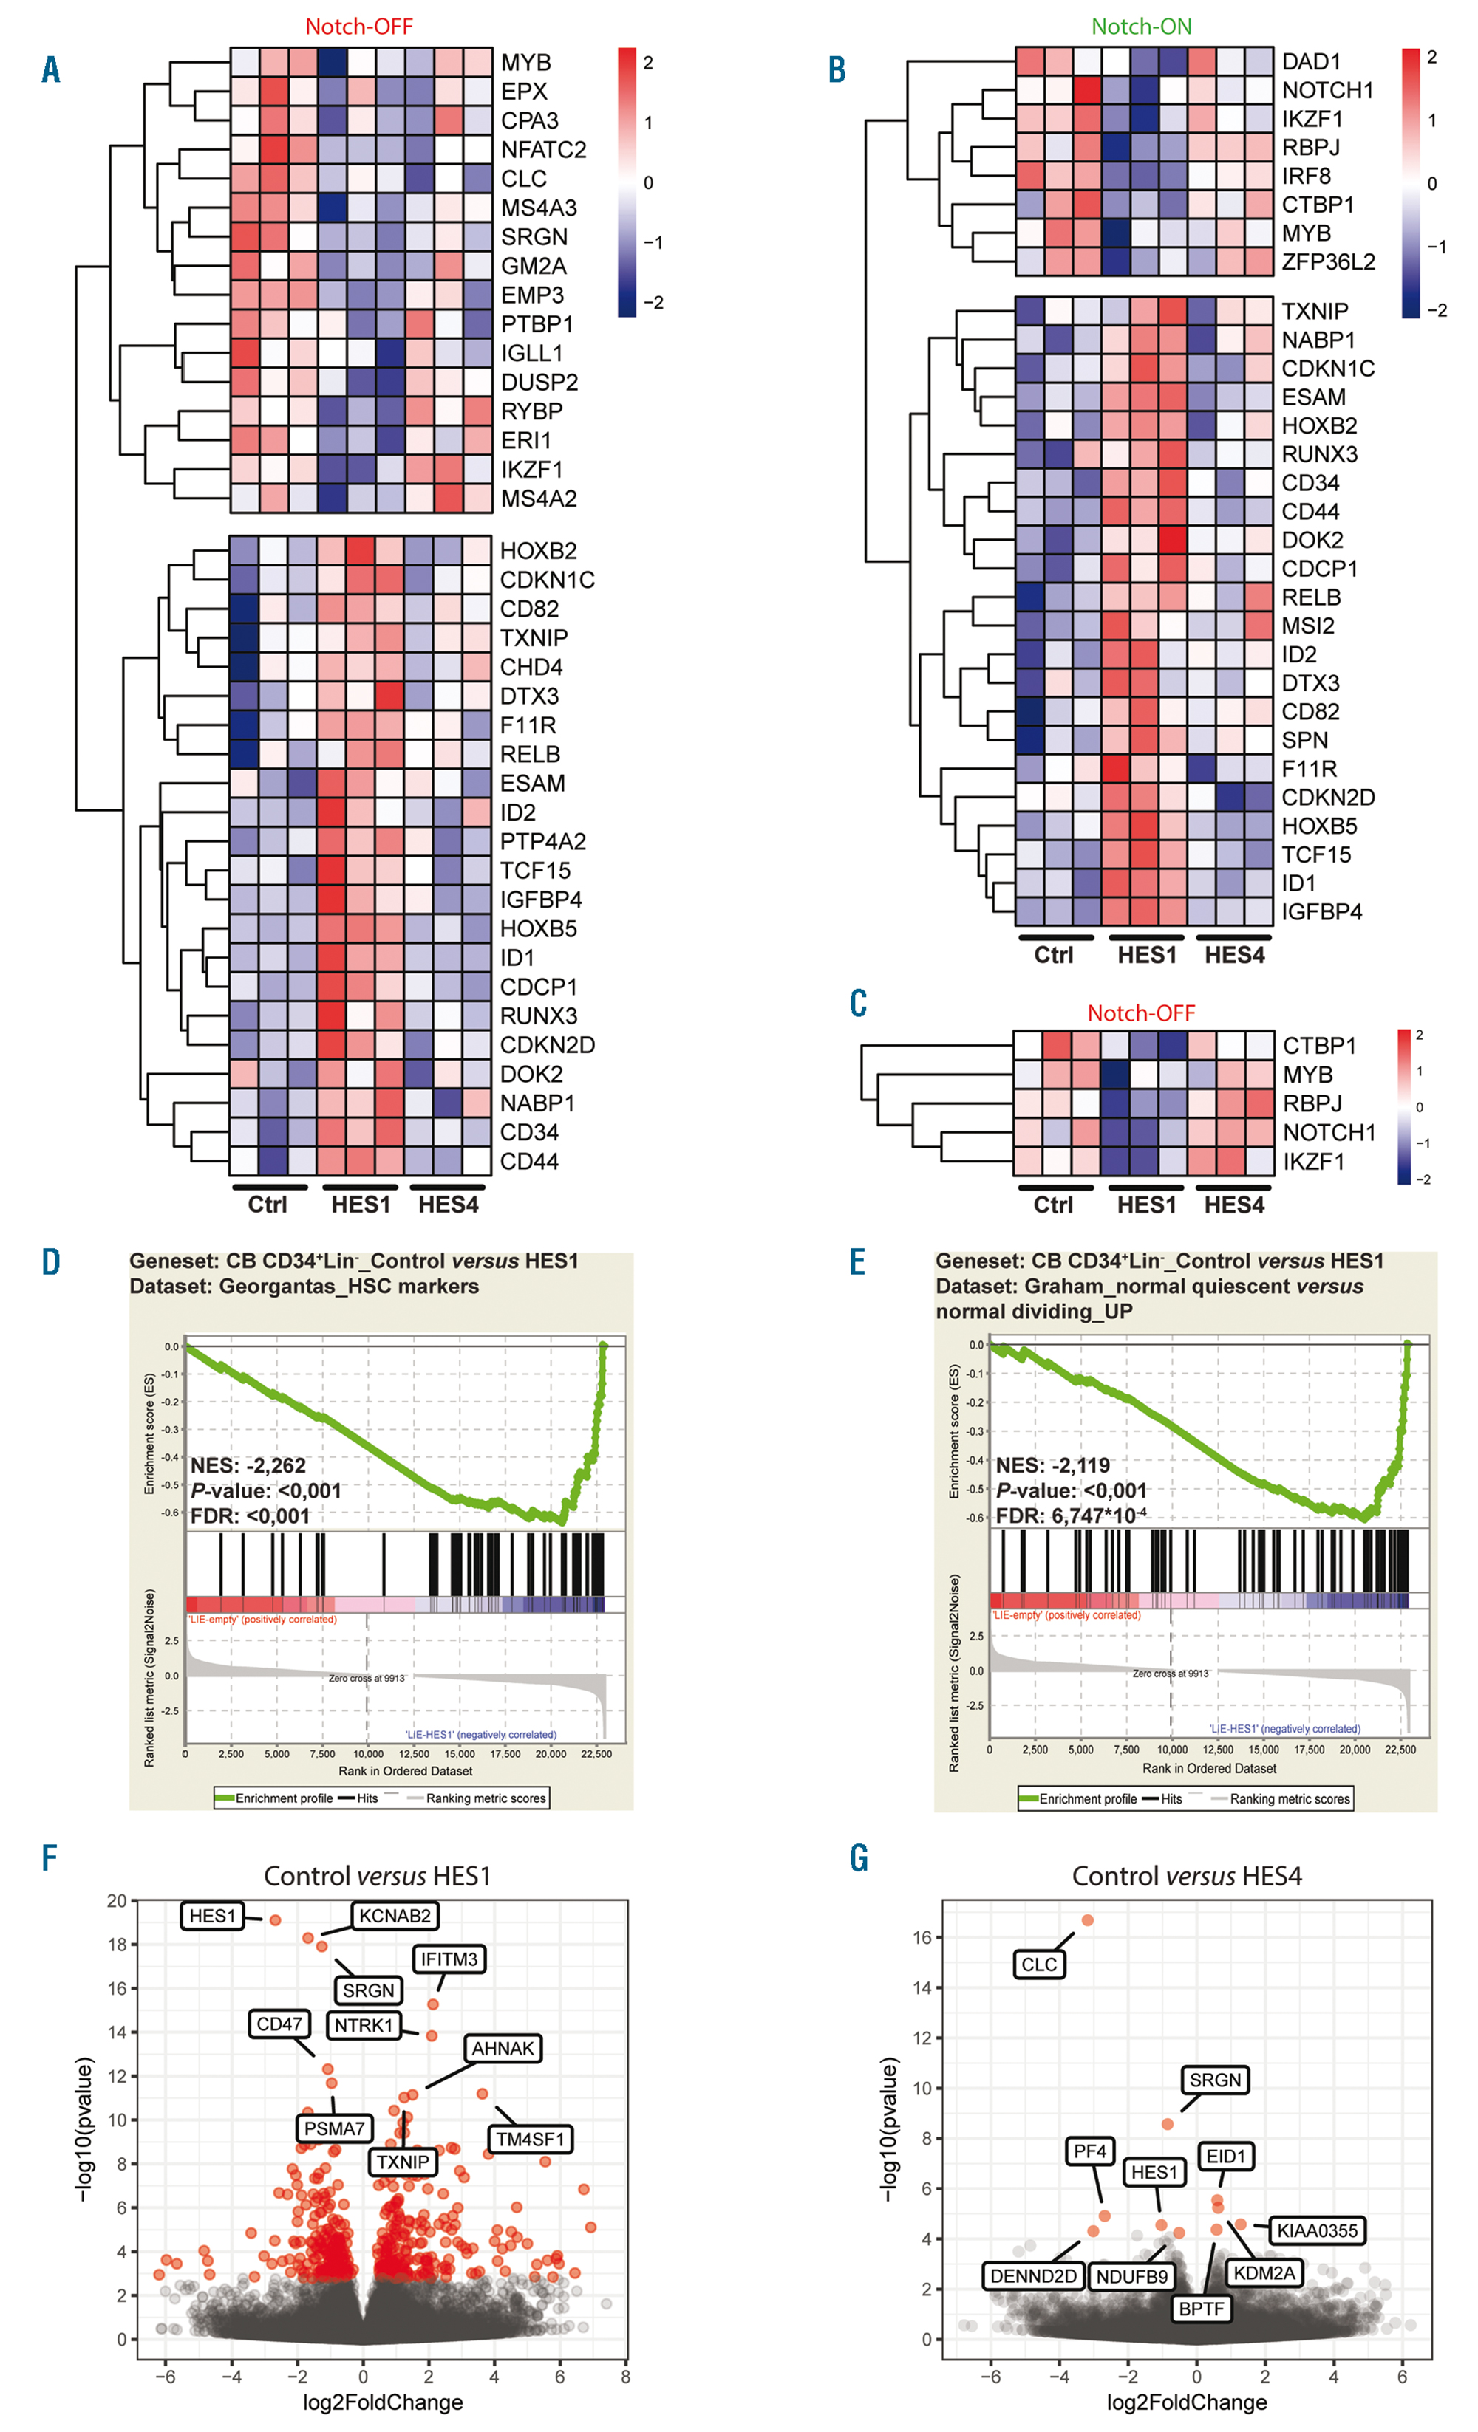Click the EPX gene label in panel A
(523, 92)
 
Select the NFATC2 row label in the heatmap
(543, 150)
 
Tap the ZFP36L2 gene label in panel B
(1328, 261)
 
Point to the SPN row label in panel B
(1304, 740)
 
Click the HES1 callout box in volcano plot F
(212, 1916)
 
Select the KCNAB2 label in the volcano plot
(395, 1916)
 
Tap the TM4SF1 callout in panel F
(530, 2139)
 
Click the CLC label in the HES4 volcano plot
(1038, 1965)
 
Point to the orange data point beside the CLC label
(1087, 1919)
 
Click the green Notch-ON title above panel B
(1141, 27)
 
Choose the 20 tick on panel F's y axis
(117, 1901)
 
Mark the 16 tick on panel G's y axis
(922, 1937)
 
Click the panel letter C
(858, 1003)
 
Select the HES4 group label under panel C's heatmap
(1234, 1205)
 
